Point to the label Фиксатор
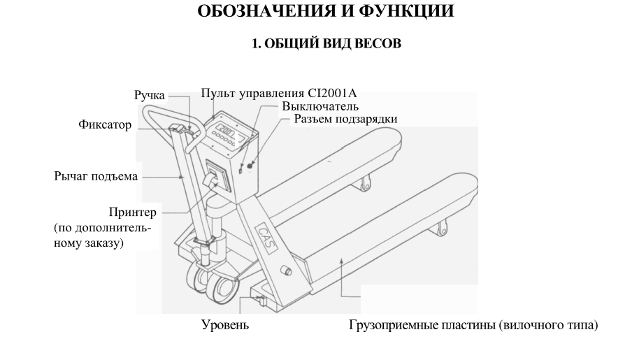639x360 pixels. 105,125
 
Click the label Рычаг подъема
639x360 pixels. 96,176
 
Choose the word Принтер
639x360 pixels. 134,211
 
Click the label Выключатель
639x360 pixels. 321,107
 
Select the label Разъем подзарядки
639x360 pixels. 345,120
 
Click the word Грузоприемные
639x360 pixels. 392,326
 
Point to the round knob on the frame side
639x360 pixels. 285,271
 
